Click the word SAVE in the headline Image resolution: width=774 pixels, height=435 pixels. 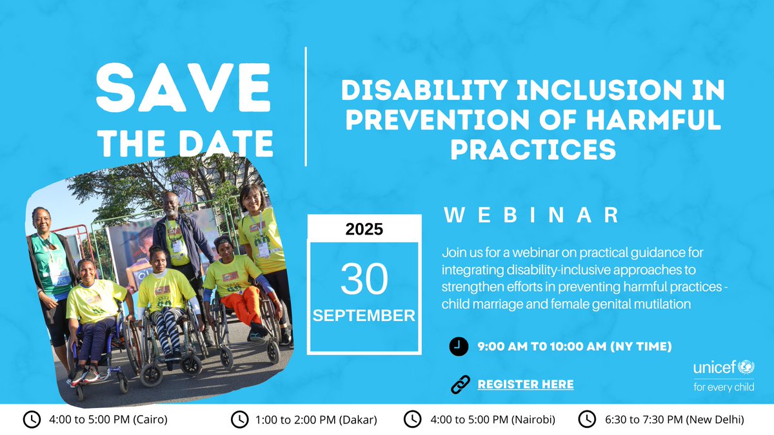point(184,89)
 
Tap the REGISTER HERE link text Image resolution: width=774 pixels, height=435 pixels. point(525,385)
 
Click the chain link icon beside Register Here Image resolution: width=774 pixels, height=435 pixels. point(459,385)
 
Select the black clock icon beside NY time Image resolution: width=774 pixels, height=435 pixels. point(457,347)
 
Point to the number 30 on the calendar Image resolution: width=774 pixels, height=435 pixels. point(364,279)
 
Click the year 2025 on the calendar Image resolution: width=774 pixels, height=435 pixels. point(364,229)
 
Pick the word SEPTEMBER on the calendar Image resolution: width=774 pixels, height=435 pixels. point(364,316)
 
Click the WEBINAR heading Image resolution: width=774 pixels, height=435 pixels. point(532,216)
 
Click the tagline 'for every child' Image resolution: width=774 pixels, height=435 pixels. point(723,388)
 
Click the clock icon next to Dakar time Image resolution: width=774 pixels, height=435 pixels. point(239,420)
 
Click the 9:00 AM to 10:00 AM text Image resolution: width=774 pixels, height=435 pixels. point(574,347)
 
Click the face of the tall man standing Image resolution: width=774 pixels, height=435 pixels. point(170,205)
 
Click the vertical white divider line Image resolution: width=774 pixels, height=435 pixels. point(306,106)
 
